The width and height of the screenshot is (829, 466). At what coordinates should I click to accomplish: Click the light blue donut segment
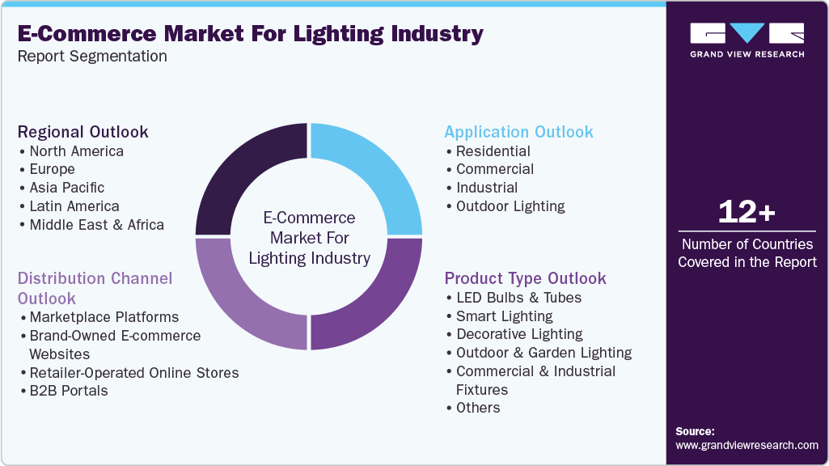tap(372, 174)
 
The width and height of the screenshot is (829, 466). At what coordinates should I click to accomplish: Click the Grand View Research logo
tap(747, 40)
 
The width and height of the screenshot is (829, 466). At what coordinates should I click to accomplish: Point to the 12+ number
tap(747, 213)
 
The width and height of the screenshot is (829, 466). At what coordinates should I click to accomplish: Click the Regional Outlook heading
tap(83, 132)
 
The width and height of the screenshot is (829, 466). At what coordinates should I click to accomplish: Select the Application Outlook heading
tap(518, 132)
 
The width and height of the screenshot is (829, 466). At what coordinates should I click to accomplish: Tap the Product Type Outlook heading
tap(525, 278)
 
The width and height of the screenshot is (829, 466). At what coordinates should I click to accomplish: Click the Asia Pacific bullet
tap(67, 188)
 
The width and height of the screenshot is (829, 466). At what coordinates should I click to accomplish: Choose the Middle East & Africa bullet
tap(96, 225)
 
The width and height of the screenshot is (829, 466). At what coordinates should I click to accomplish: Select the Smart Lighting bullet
tap(504, 316)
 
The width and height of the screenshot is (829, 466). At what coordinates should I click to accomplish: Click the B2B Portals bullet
tap(68, 391)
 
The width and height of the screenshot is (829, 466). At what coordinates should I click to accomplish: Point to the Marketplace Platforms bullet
tap(104, 316)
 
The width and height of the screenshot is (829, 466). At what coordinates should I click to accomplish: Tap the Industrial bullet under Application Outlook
tap(487, 188)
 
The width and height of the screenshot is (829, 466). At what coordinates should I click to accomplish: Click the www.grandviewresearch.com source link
tap(747, 445)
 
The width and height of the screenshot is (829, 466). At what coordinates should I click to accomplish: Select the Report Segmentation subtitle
tap(92, 56)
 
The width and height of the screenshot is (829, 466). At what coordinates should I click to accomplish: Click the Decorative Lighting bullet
tap(519, 334)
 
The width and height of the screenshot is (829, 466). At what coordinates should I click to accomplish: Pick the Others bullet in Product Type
tap(478, 408)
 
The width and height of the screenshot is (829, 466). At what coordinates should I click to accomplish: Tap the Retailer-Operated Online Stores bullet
tap(133, 373)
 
